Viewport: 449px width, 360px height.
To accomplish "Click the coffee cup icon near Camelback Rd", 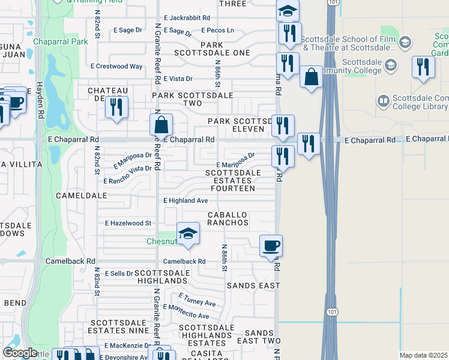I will point(271,245).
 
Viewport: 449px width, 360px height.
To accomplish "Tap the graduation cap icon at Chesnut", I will point(188,233).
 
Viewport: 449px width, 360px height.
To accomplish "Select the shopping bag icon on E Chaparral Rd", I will point(161,125).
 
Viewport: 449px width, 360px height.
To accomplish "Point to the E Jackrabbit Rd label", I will point(187,19).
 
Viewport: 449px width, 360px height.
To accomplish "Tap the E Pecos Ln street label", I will point(217,30).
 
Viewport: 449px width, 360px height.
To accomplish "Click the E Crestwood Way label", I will point(116,67).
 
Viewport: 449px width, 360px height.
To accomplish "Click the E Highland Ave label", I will point(185,200).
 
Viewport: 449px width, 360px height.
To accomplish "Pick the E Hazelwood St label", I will point(127,223).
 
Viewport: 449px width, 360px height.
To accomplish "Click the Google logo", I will point(20,353).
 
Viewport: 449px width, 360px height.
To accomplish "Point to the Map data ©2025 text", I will point(423,355).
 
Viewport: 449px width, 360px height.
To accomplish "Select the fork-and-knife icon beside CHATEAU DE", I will point(115,107).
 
